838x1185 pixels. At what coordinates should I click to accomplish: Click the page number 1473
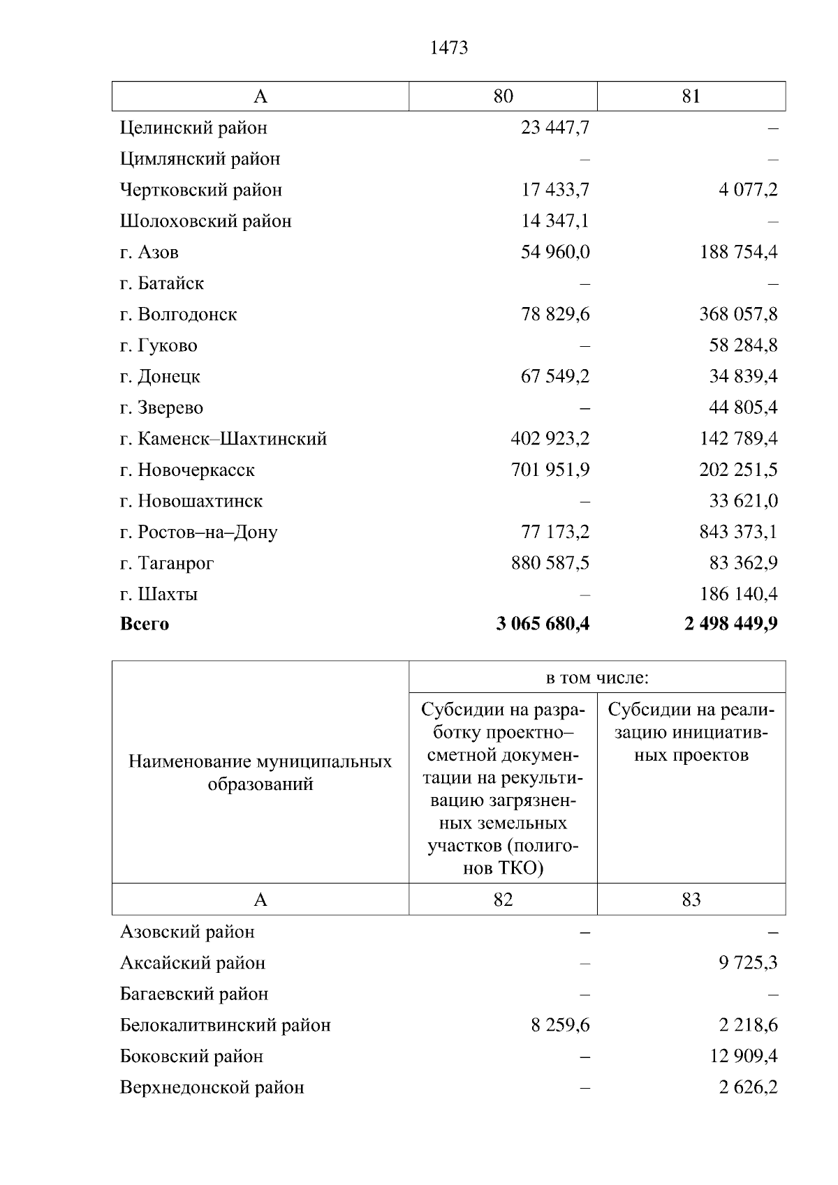coord(449,47)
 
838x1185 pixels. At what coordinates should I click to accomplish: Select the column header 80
coord(503,96)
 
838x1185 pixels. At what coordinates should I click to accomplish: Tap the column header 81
coord(691,96)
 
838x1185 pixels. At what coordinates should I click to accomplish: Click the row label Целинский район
coord(193,128)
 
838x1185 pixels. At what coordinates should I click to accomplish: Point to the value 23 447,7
coord(554,128)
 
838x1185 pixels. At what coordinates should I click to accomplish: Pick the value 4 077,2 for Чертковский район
coord(748,190)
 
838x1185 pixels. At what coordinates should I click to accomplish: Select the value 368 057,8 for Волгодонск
coord(738,314)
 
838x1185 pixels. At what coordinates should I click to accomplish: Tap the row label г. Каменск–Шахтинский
coord(223,439)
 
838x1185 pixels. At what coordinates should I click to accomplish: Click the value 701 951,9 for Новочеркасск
coord(550,470)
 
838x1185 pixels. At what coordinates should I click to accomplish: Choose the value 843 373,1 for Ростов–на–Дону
coord(738,532)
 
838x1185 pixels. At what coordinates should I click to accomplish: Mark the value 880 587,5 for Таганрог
coord(550,563)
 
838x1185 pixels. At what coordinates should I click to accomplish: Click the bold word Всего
coord(145,624)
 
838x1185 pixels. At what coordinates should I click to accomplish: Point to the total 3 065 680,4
coord(543,624)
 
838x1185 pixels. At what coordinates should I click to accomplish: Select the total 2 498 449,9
coord(731,624)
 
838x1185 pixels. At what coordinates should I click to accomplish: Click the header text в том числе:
coord(597,678)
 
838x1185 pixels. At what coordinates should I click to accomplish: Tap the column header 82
coord(503,900)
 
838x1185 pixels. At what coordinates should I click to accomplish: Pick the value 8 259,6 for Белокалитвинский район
coord(560,1025)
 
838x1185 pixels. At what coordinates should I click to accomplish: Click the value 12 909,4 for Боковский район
coord(743,1057)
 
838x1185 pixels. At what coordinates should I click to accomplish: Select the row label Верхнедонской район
coord(212,1087)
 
